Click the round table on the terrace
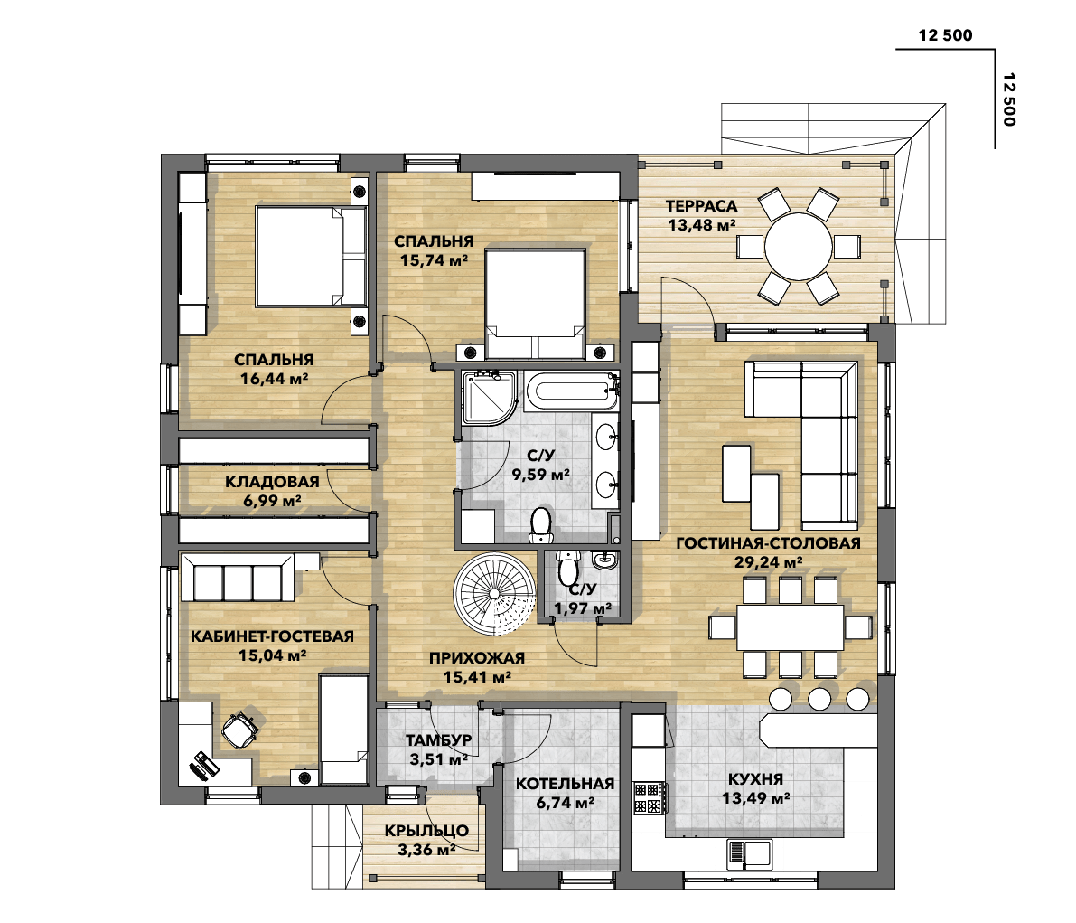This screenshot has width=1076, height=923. [x=799, y=244]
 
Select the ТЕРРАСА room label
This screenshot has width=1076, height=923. [x=702, y=206]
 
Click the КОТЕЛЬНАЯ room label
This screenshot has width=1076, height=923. [x=565, y=784]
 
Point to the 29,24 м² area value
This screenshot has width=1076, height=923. [x=768, y=561]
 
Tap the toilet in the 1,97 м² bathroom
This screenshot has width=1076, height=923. [x=567, y=570]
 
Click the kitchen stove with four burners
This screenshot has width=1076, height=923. [x=647, y=796]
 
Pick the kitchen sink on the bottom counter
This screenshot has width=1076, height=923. [x=748, y=852]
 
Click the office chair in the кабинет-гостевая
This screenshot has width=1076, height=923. [x=239, y=730]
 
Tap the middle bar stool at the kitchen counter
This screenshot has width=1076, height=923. [x=819, y=699]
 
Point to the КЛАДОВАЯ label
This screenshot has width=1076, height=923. [x=272, y=482]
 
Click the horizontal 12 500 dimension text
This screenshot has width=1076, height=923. [x=945, y=36]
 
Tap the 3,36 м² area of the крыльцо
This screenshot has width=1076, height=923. [x=426, y=849]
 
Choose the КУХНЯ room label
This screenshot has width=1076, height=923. [x=756, y=779]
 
